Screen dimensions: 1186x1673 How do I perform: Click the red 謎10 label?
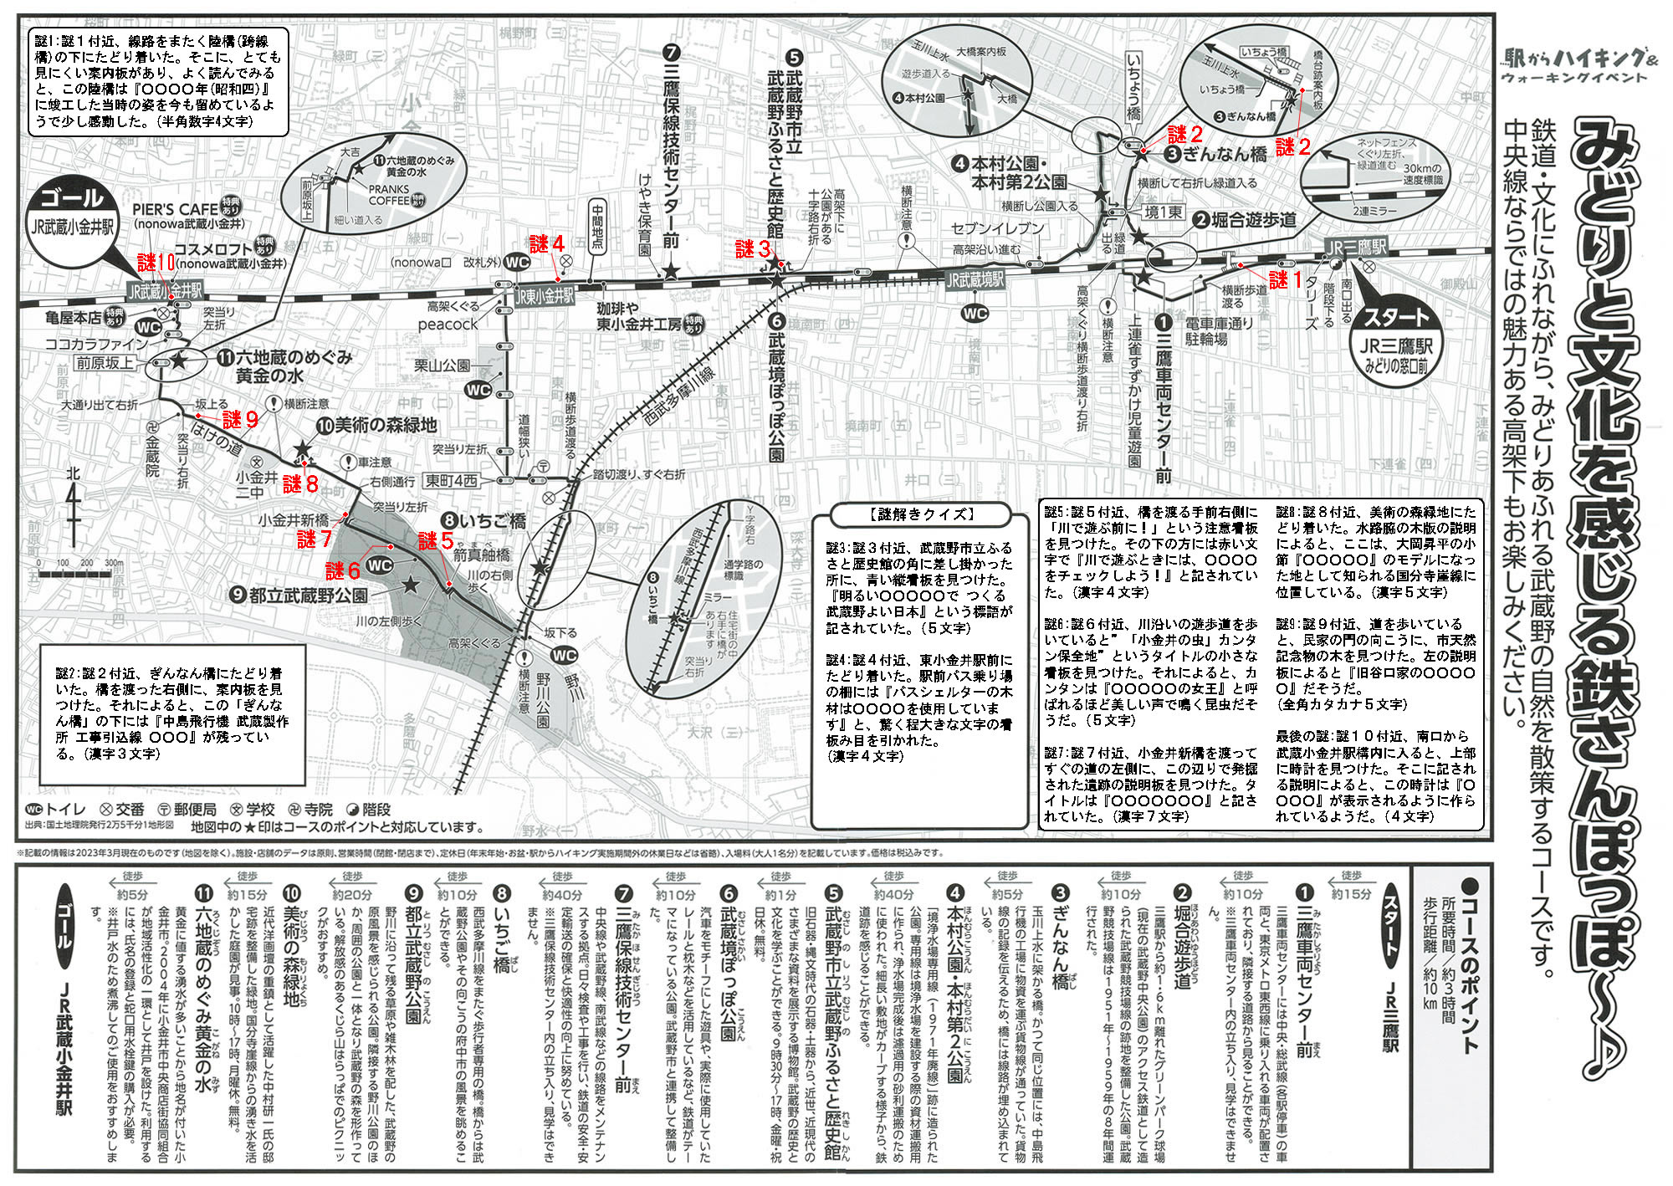[156, 261]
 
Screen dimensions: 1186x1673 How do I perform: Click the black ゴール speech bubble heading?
[72, 199]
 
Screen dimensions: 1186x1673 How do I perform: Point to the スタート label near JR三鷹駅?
[1396, 319]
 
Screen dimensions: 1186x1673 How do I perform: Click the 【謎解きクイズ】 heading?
[921, 514]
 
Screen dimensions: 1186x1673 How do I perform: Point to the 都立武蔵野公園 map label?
[308, 596]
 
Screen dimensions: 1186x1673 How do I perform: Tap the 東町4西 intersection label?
[452, 481]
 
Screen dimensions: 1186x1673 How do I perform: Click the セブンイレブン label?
[997, 228]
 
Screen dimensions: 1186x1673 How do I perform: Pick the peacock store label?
[448, 325]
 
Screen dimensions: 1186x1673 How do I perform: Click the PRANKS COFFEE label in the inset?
[389, 195]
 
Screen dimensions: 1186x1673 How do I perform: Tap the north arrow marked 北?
[74, 502]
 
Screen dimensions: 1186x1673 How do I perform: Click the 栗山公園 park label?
[442, 366]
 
